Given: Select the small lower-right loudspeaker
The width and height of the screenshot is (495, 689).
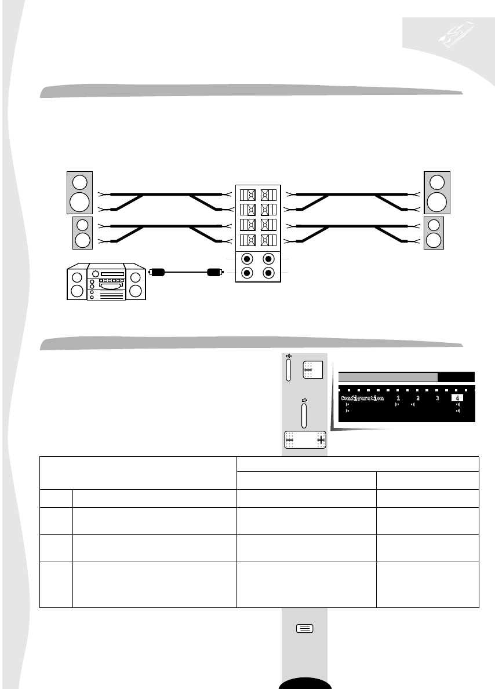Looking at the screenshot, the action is [x=434, y=233].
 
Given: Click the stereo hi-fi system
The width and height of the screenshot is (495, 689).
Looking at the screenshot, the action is [x=106, y=282].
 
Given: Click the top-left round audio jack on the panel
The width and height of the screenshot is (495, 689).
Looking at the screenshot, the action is [x=247, y=259].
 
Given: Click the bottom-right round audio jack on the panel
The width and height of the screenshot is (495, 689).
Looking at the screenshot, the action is [x=268, y=273].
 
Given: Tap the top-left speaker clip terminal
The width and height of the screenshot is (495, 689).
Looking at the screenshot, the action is [x=247, y=194].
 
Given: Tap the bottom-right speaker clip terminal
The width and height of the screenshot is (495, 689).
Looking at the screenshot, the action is [x=267, y=240].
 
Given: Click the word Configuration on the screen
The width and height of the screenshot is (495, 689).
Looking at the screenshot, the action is [x=362, y=399].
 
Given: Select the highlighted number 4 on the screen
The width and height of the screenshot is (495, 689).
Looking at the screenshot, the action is [x=457, y=398].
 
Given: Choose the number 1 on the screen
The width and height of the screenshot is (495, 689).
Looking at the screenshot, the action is [x=398, y=398].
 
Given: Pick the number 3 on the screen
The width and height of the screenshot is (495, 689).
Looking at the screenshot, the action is [x=438, y=398].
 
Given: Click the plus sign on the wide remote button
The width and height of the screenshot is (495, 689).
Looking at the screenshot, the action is [x=321, y=440].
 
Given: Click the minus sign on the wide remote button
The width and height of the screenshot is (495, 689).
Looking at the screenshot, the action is [x=290, y=440].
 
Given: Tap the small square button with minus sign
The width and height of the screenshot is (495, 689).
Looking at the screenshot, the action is [x=308, y=370].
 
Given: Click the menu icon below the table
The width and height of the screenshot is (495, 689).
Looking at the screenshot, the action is [x=305, y=628].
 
